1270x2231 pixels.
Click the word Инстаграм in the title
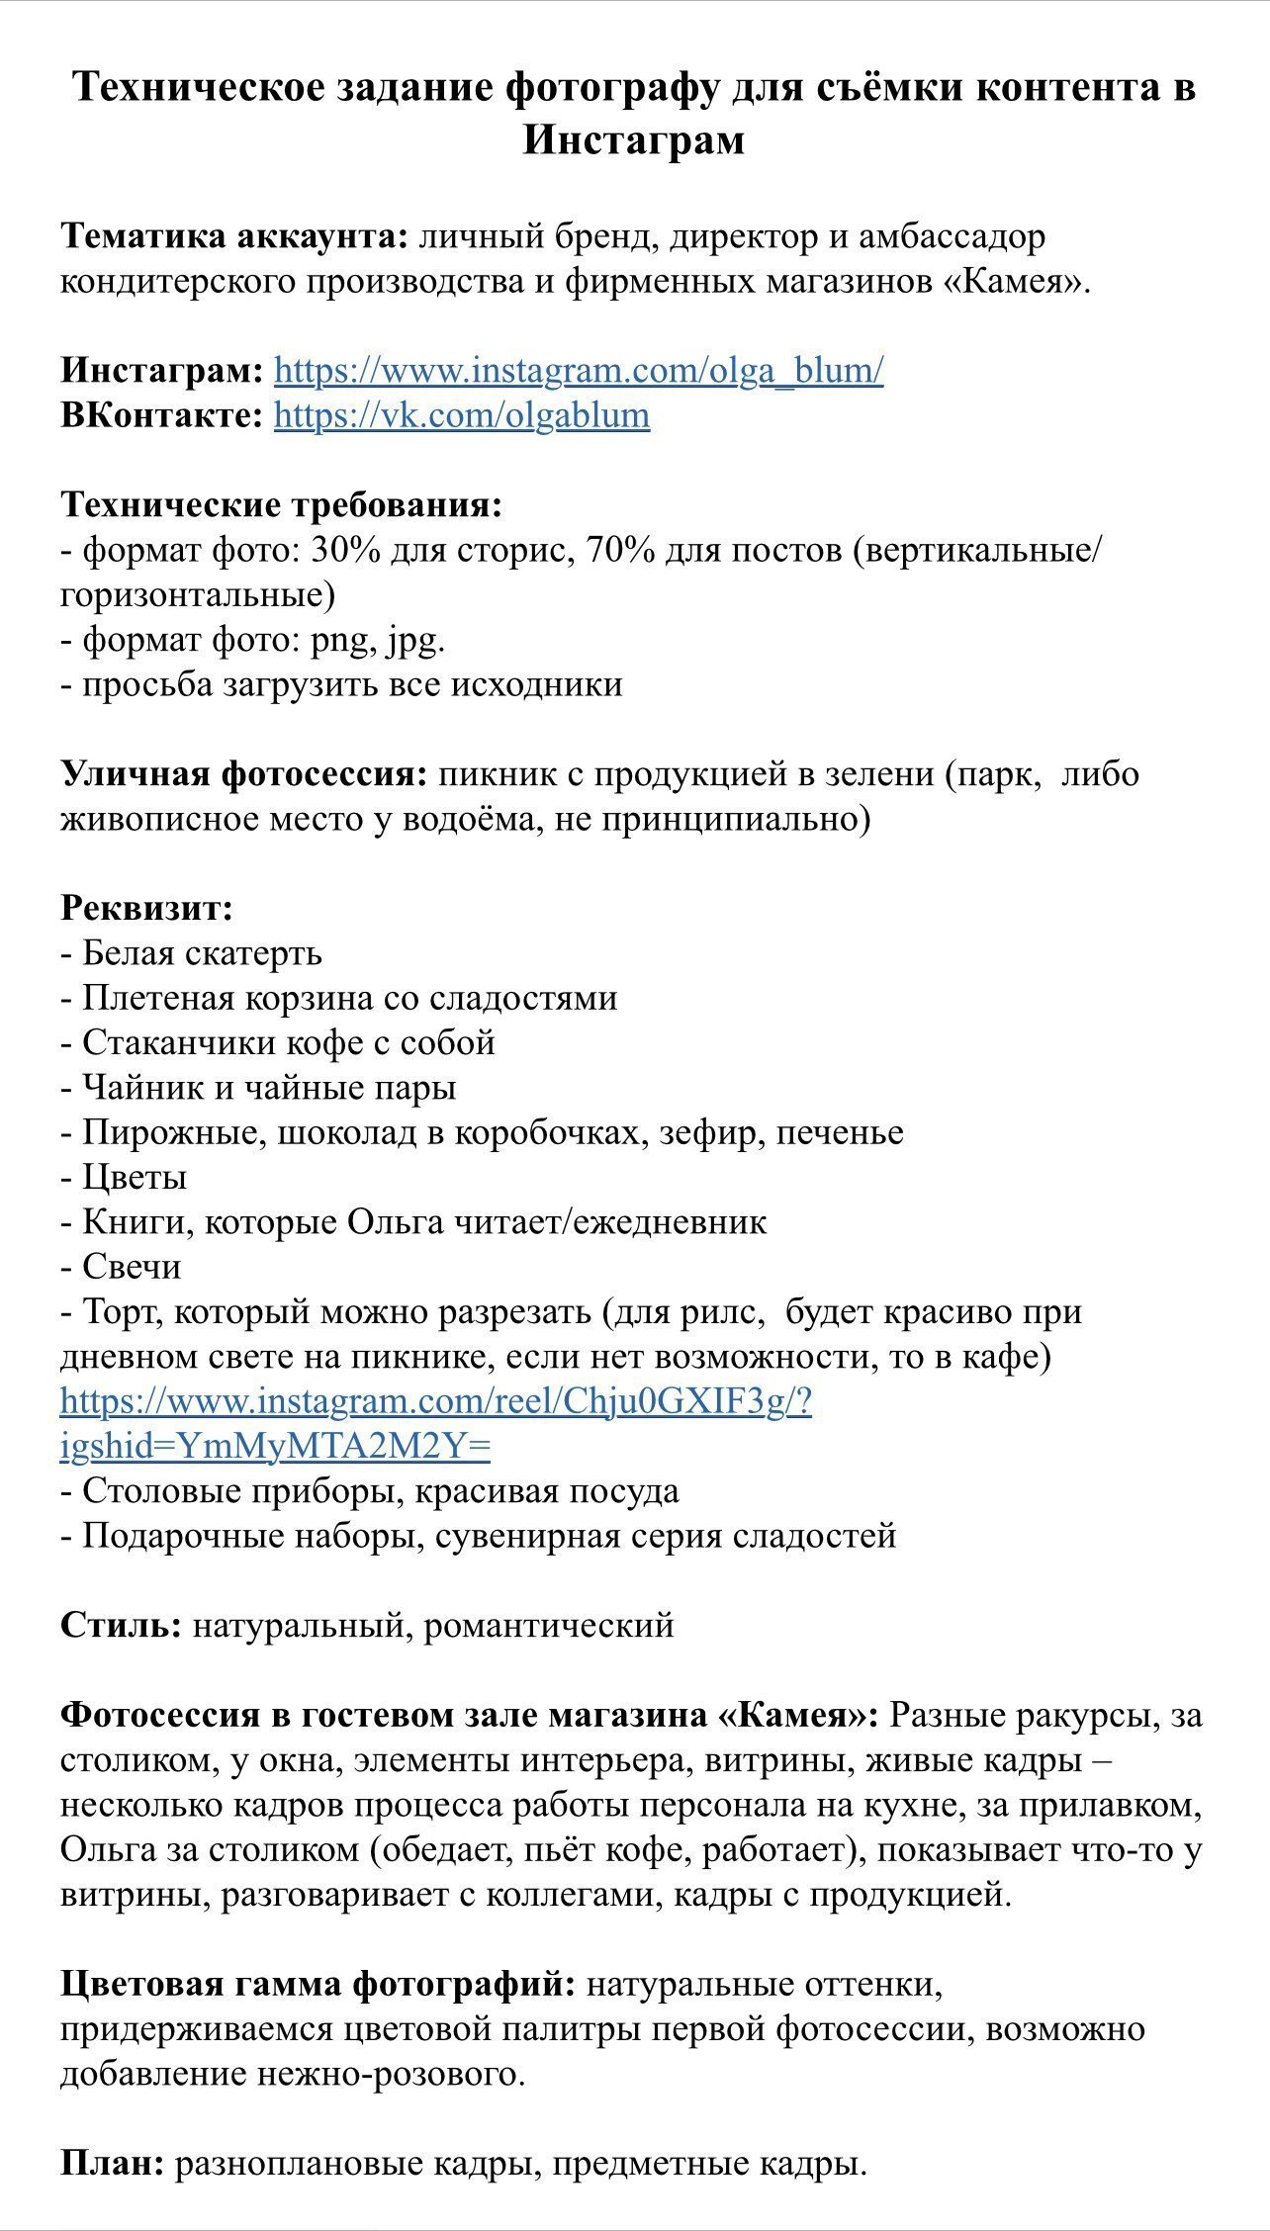tap(633, 139)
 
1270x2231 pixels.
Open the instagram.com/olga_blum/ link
tap(579, 371)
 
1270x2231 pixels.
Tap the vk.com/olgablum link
tap(462, 415)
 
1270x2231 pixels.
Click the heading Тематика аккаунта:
tap(234, 237)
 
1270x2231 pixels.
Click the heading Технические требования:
tap(282, 505)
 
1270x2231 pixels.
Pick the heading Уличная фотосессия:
tap(244, 773)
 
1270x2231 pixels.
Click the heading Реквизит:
tap(146, 908)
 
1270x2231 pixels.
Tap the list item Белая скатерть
tap(202, 953)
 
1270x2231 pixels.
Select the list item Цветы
tap(135, 1178)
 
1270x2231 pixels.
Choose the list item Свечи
tap(132, 1267)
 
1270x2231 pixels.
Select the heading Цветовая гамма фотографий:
tap(317, 1984)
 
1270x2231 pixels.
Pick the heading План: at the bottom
tap(113, 2164)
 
